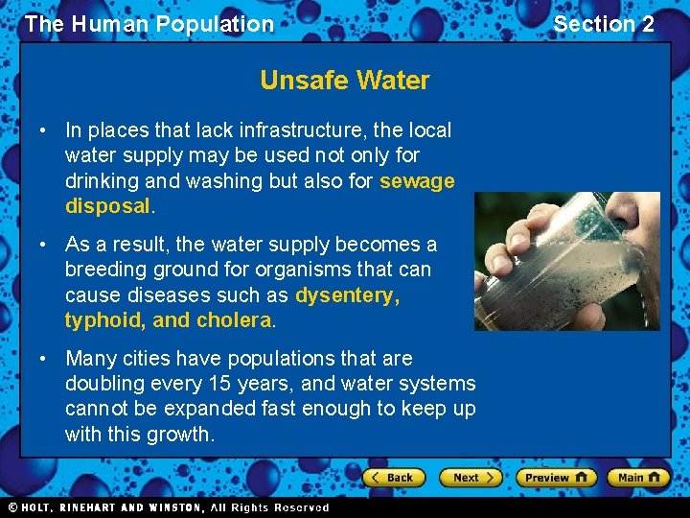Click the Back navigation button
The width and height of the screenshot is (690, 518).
[x=393, y=477]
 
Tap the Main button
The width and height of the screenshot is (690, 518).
[x=639, y=477]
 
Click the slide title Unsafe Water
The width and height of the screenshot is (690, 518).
[x=345, y=81]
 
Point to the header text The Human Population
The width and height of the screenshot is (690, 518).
[x=149, y=24]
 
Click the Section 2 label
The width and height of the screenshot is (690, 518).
[x=604, y=24]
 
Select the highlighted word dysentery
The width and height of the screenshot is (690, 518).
[x=346, y=295]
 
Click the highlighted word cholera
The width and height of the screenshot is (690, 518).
[x=234, y=320]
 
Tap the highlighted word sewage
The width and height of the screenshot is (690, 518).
[x=417, y=180]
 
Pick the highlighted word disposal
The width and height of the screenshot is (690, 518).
[x=107, y=205]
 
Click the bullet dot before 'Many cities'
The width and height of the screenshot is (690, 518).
[x=45, y=359]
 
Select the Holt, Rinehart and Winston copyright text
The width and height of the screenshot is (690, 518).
[x=168, y=507]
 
